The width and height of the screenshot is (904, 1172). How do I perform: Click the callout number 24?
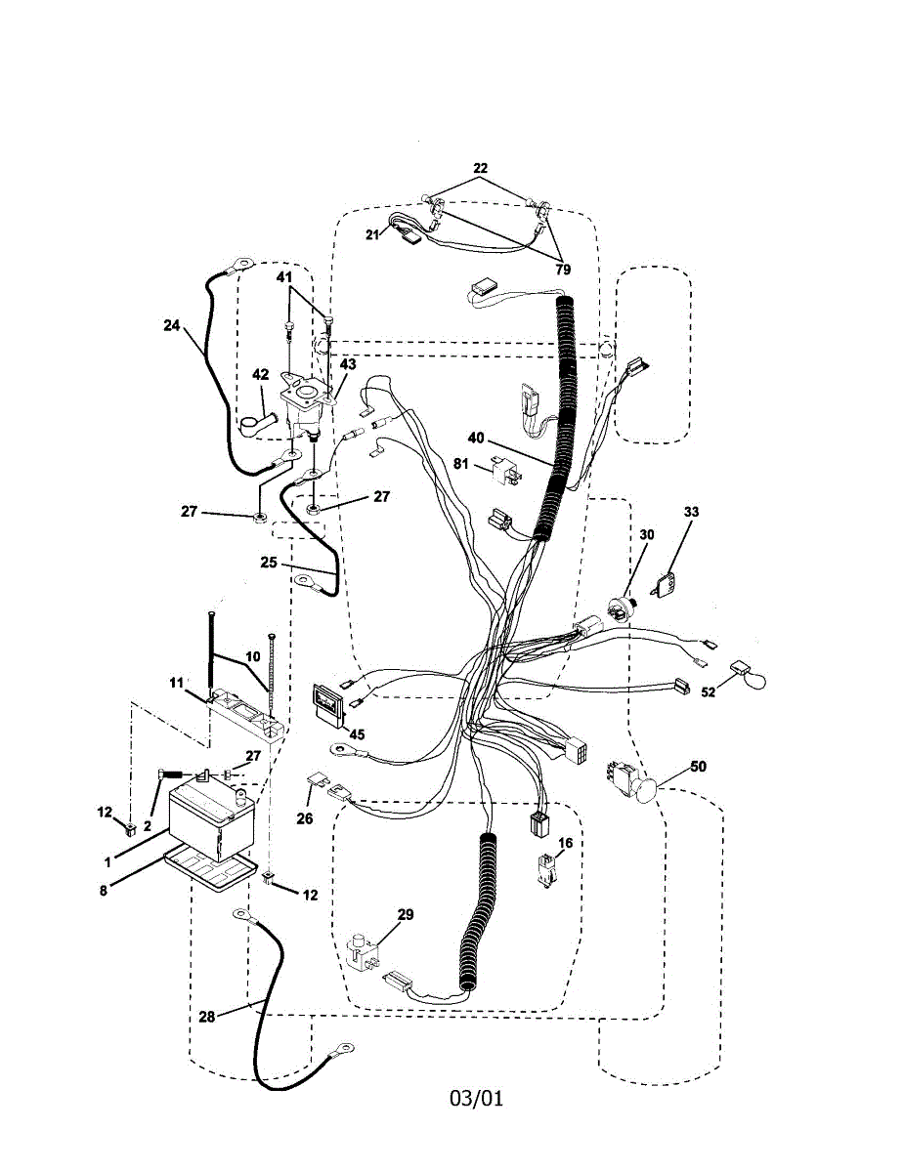point(171,327)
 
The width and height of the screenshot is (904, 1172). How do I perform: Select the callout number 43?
point(348,364)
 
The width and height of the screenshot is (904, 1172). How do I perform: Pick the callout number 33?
point(691,511)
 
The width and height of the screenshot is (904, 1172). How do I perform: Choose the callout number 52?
point(707,692)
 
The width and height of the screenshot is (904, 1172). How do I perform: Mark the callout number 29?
point(406,915)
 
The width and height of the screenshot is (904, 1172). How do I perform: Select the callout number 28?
point(206,1017)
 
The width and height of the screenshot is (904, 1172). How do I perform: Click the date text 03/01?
point(476,1098)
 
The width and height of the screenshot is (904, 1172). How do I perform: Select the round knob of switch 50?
point(646,789)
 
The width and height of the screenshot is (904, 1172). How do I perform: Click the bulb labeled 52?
point(749,676)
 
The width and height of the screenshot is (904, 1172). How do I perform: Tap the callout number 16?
point(566,843)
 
